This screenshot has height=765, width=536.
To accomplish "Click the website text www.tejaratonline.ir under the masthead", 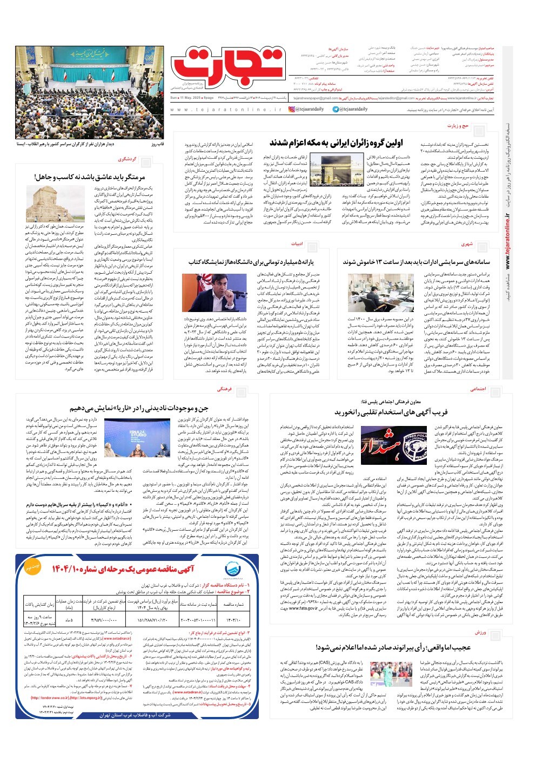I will pyautogui.click(x=225, y=110).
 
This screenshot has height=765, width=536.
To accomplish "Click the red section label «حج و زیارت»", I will pyautogui.click(x=458, y=126).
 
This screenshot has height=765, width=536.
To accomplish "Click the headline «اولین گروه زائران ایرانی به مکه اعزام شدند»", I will pyautogui.click(x=336, y=143).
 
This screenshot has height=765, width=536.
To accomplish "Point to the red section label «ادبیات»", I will pyautogui.click(x=297, y=244).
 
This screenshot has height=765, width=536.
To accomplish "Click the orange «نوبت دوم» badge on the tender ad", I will pyautogui.click(x=32, y=567).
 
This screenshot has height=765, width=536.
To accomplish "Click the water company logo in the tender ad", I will pyautogui.click(x=235, y=568).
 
